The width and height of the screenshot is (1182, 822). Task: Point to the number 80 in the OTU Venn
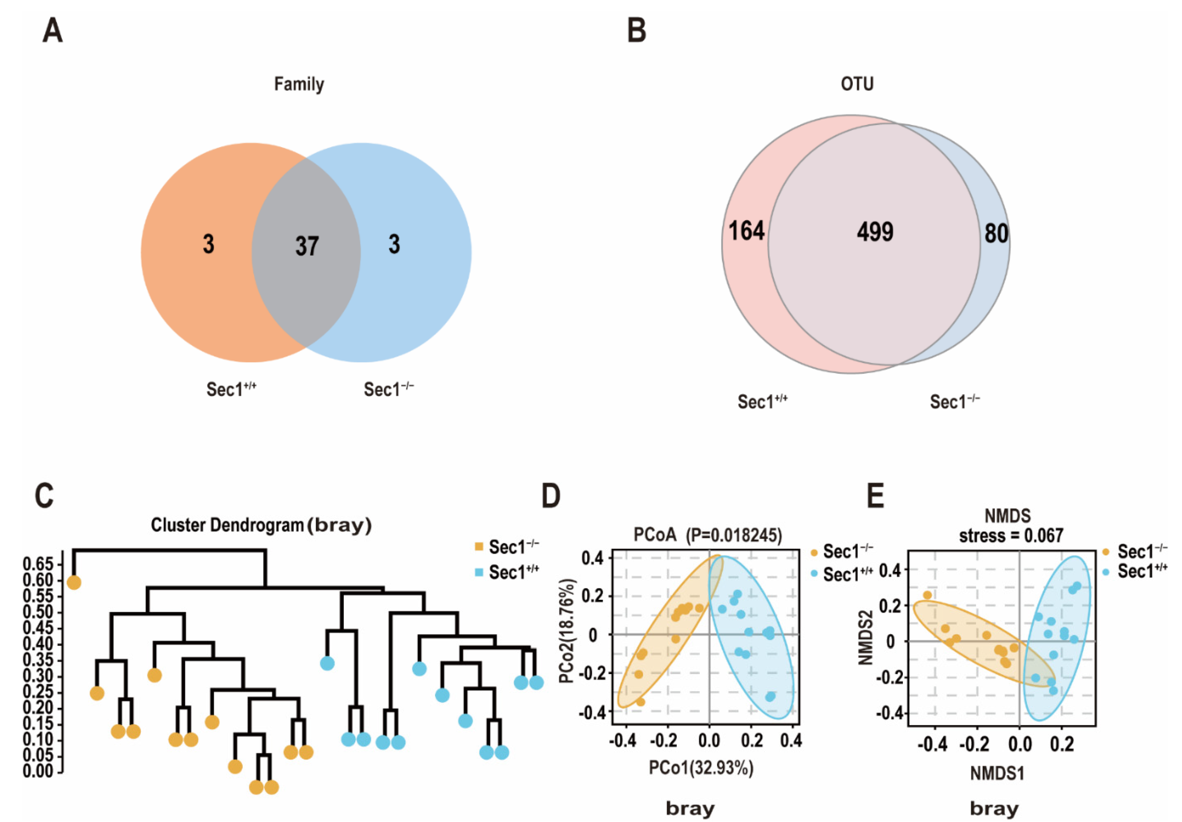tap(996, 234)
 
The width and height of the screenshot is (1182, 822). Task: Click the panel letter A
tap(53, 31)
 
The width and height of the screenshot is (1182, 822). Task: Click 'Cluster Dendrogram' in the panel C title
tap(227, 525)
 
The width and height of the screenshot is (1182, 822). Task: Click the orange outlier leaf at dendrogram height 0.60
tap(74, 583)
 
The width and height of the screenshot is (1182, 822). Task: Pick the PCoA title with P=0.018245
tap(707, 535)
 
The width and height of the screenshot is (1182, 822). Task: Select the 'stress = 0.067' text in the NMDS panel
tap(1011, 536)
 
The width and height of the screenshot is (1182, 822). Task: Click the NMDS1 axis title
tap(997, 773)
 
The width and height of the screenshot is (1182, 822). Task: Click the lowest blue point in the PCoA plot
tap(770, 696)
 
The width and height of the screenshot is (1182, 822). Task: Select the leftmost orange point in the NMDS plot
tap(927, 595)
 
